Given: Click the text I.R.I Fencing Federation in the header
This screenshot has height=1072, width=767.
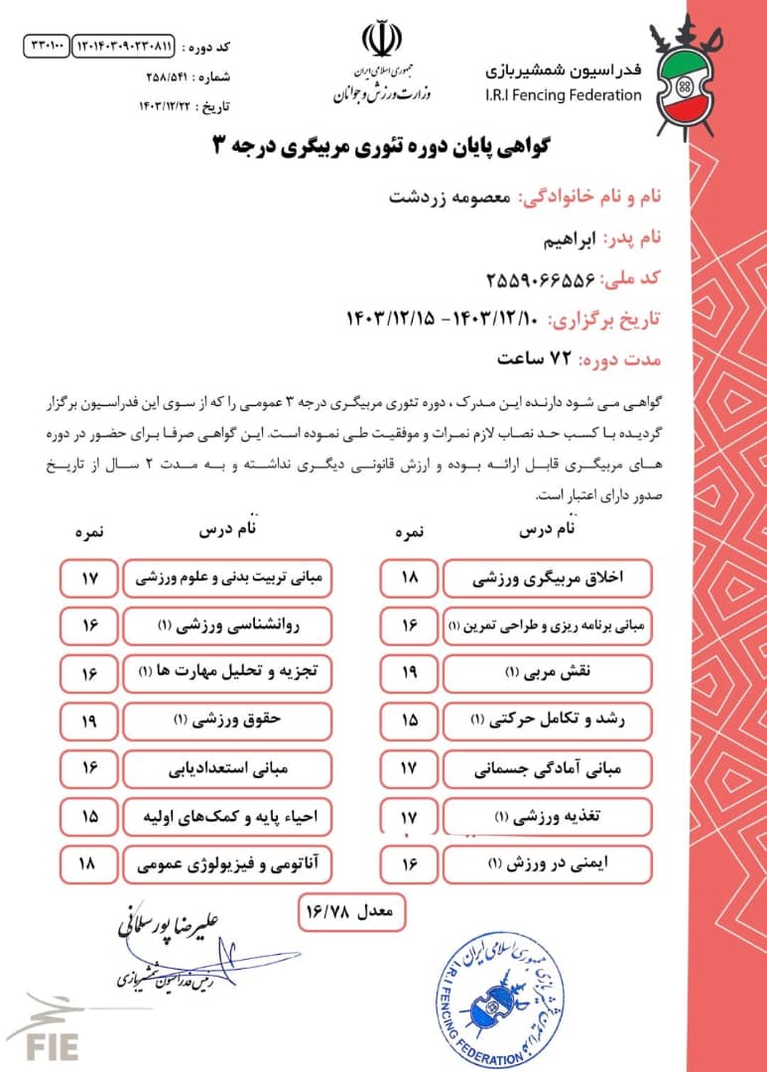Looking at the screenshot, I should [564, 95].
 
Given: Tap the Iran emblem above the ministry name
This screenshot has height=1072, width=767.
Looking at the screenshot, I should [382, 40].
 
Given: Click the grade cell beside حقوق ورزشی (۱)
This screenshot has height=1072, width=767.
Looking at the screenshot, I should [88, 721].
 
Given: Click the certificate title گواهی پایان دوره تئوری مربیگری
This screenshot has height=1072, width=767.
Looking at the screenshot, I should [382, 145].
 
